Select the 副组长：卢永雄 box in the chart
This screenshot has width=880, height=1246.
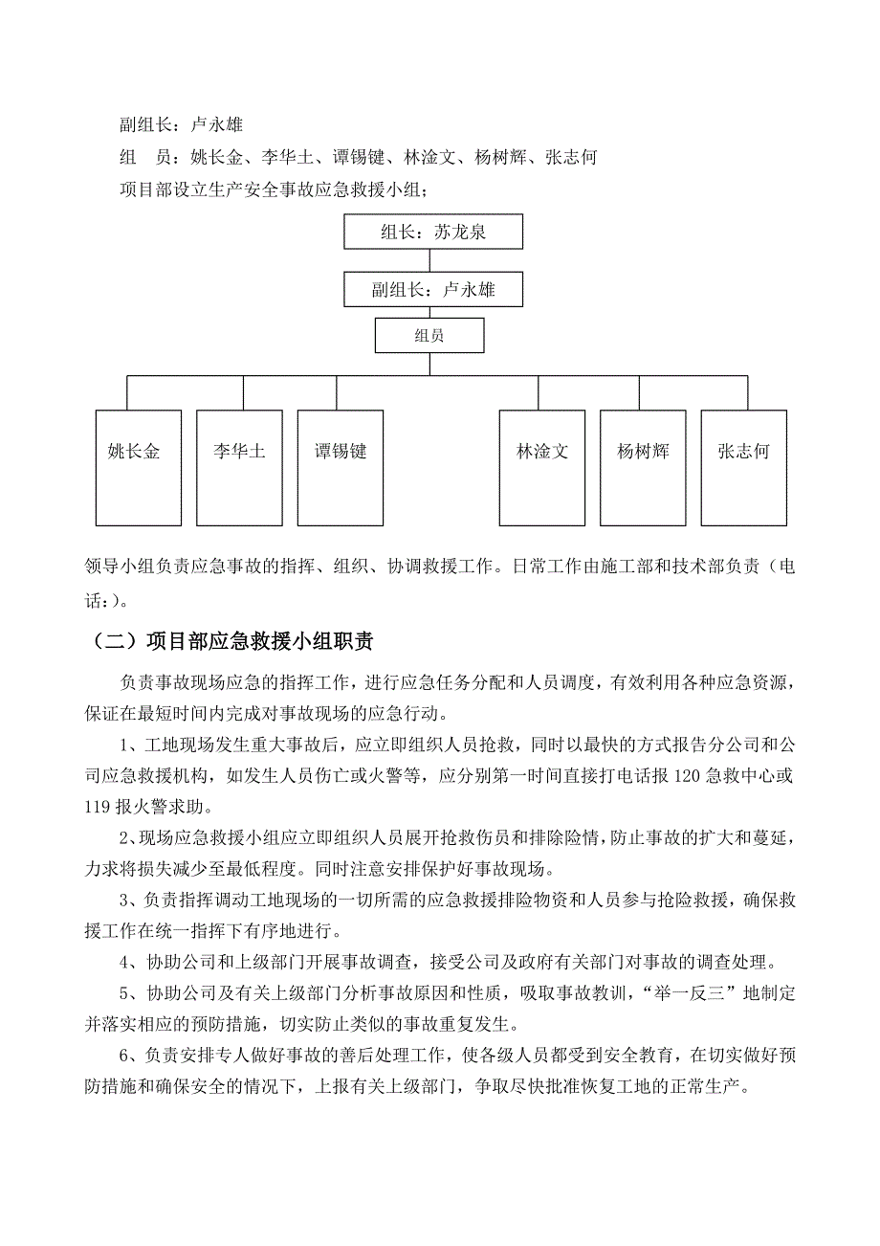(x=433, y=289)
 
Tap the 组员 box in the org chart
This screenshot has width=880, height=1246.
(x=429, y=336)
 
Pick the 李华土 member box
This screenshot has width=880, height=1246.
(x=239, y=467)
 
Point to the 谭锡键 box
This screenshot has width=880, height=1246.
(x=341, y=467)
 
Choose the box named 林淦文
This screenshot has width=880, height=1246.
(x=542, y=467)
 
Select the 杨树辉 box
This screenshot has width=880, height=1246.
(x=643, y=467)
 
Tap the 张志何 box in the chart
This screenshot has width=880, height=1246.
(x=743, y=467)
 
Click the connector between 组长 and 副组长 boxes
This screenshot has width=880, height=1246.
(x=430, y=261)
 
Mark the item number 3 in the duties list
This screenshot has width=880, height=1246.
(x=125, y=900)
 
